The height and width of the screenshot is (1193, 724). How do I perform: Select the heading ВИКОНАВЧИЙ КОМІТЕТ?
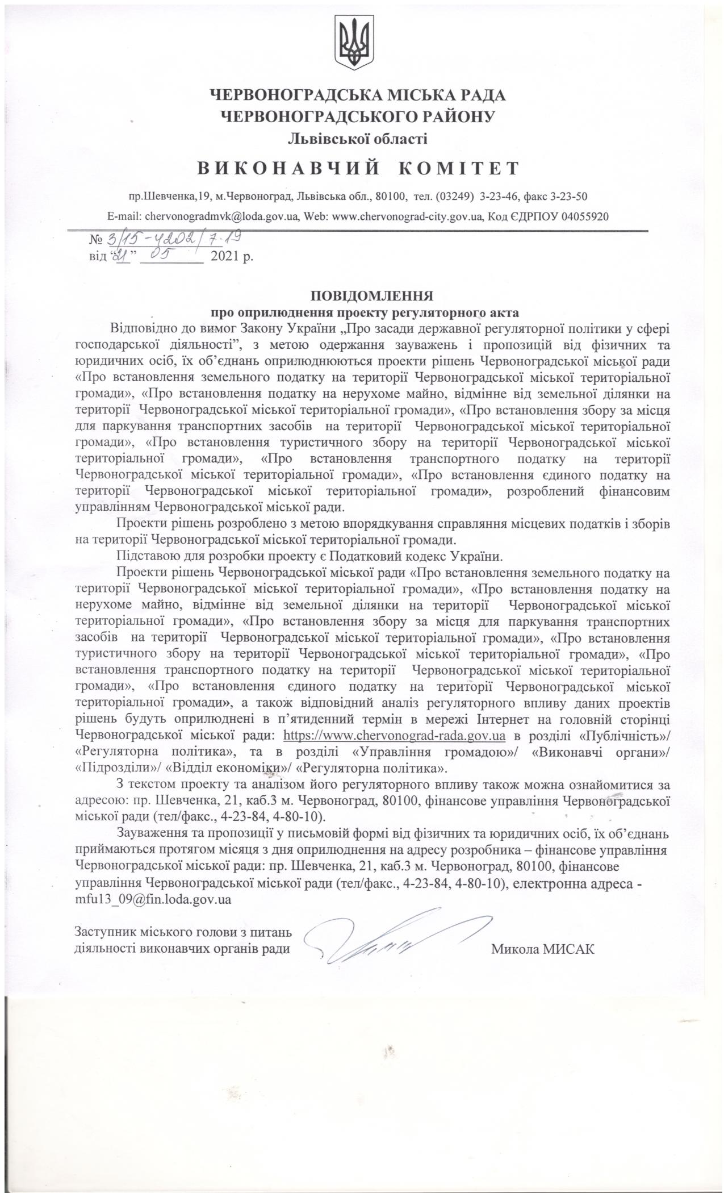[358, 168]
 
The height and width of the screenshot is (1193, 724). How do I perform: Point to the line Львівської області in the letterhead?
[358, 137]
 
